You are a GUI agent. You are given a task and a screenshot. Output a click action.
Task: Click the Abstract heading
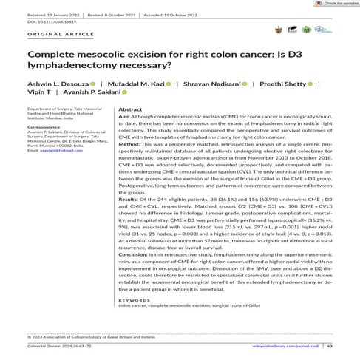130,109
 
